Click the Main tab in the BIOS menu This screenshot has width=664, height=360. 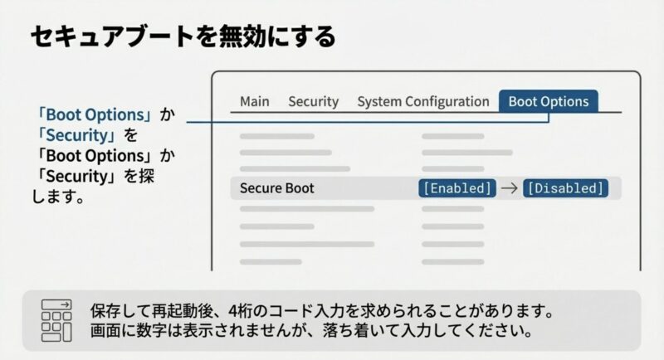tap(255, 101)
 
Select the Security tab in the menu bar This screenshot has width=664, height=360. tap(313, 101)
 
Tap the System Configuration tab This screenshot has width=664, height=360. tap(422, 101)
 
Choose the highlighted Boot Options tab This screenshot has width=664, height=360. tap(548, 101)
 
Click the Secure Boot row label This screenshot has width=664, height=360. tap(276, 188)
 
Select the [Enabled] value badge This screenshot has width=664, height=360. tap(456, 188)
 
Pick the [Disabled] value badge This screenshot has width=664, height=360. tap(565, 188)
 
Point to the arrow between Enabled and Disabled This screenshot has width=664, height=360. tap(510, 188)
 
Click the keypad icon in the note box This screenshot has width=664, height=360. tap(56, 321)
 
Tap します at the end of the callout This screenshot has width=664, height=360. tap(58, 197)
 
